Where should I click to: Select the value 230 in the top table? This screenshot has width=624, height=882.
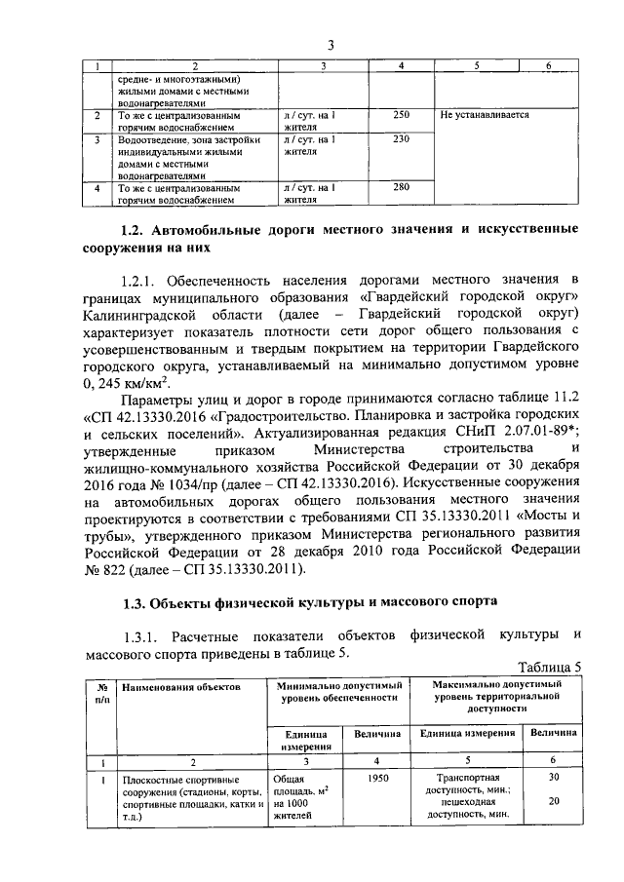(x=401, y=139)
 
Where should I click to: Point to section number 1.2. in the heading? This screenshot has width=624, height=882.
(x=131, y=230)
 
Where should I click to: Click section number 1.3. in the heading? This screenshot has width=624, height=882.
(x=131, y=601)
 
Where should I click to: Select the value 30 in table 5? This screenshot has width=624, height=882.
(x=554, y=779)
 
